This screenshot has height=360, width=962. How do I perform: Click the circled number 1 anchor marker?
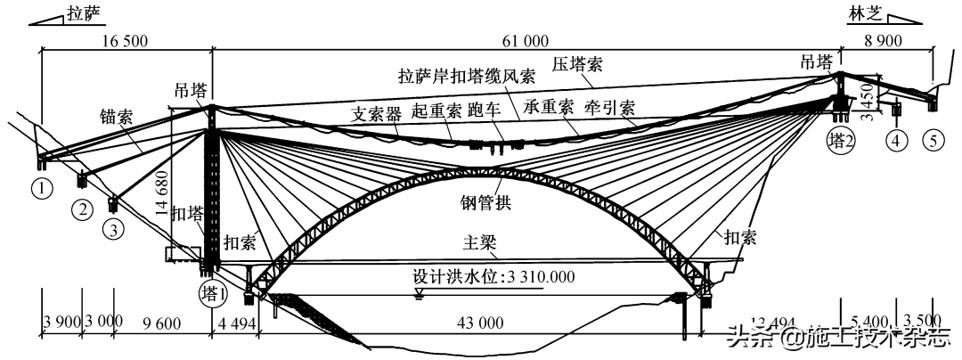coord(39,187)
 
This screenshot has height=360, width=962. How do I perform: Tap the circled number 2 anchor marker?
coord(83,210)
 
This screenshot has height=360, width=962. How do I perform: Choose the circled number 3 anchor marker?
coord(111,229)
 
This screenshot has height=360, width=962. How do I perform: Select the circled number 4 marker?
coord(897,140)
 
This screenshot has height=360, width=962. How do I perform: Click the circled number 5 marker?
coord(933,140)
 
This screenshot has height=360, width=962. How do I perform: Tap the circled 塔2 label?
coord(841,141)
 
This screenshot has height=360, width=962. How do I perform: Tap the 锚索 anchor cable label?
coord(117,115)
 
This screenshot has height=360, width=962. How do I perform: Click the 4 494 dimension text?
coord(236,323)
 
